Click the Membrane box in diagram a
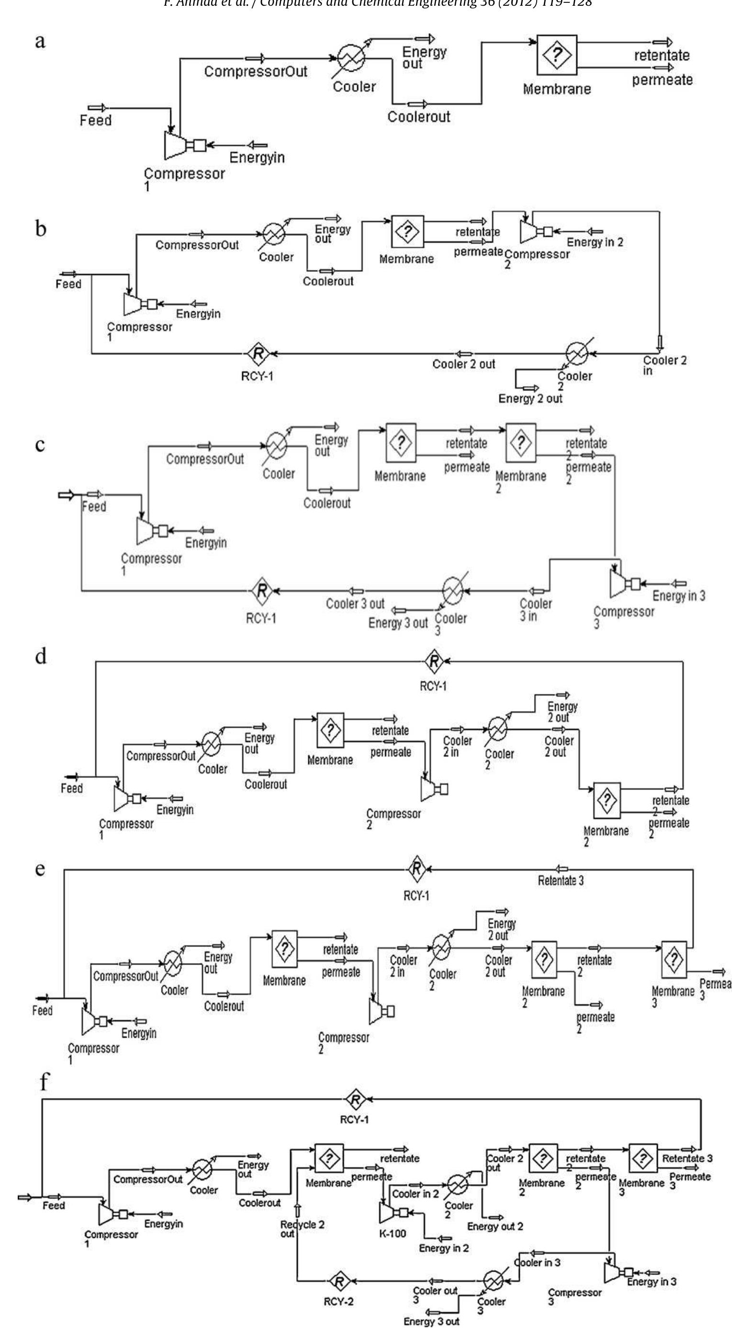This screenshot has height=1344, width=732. point(557,55)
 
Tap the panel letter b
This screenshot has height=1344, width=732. point(41,229)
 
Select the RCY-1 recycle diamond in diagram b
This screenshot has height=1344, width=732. point(258,354)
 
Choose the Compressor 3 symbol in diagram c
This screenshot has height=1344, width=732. point(618,584)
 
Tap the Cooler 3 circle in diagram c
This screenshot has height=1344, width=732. point(454,591)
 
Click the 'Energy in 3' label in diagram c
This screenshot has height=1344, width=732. point(679,595)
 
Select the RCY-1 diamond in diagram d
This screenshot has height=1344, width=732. point(433,661)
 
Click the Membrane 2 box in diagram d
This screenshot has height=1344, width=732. point(607,800)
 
